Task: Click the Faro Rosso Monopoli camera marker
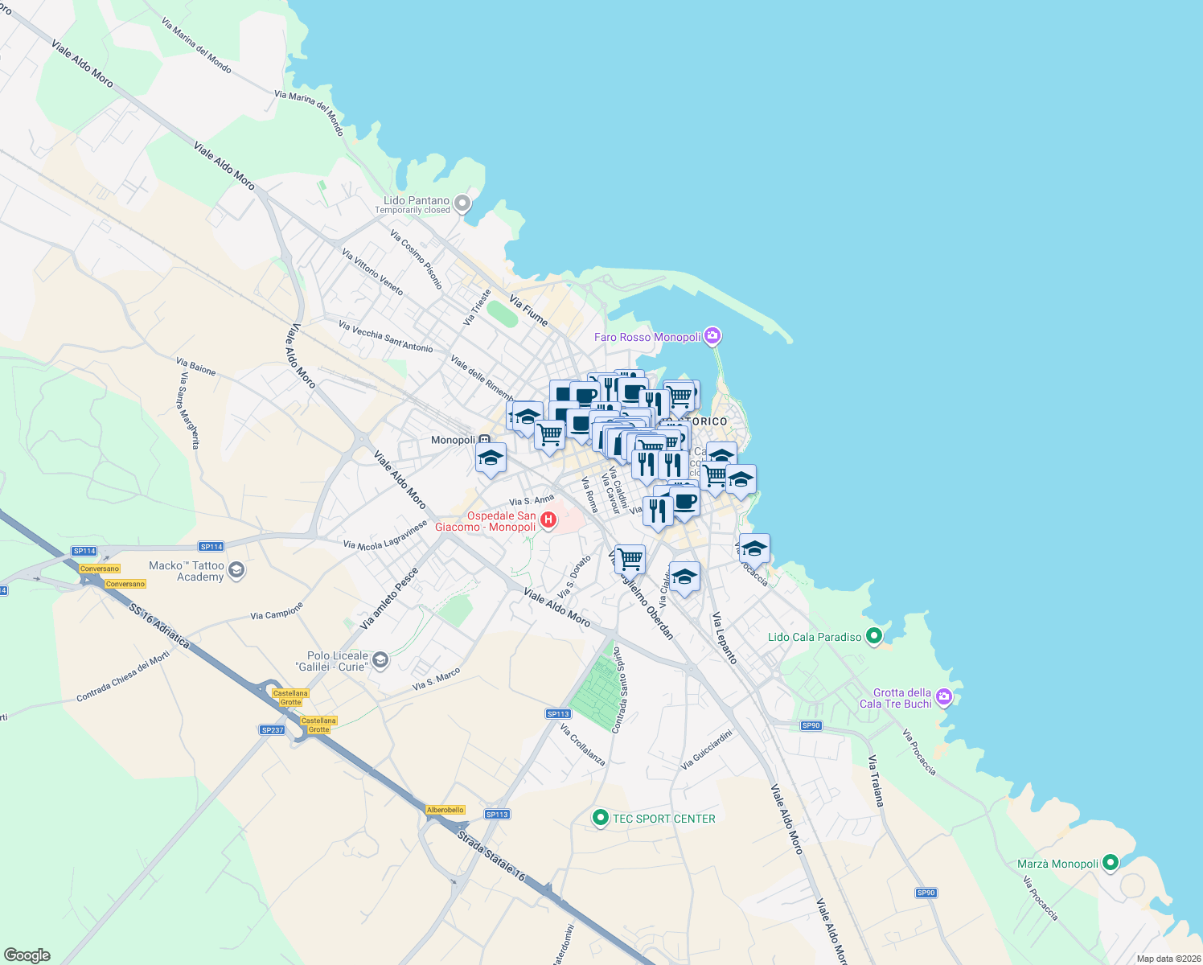(712, 336)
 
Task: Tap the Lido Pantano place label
(417, 201)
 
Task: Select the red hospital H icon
(548, 520)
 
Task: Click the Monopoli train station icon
(484, 441)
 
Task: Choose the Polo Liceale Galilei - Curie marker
(380, 661)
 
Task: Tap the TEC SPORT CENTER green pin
(600, 818)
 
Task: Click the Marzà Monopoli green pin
(1111, 863)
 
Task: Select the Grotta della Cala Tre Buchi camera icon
(944, 696)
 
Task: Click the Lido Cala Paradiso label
(814, 637)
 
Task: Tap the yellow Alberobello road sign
(445, 810)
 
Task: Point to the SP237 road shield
(273, 730)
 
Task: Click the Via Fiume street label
(528, 310)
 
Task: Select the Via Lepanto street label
(724, 638)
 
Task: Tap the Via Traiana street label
(876, 781)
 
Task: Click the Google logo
(27, 955)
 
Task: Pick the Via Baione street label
(196, 368)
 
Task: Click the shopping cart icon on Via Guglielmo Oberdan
(630, 559)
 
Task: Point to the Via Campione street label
(277, 611)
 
